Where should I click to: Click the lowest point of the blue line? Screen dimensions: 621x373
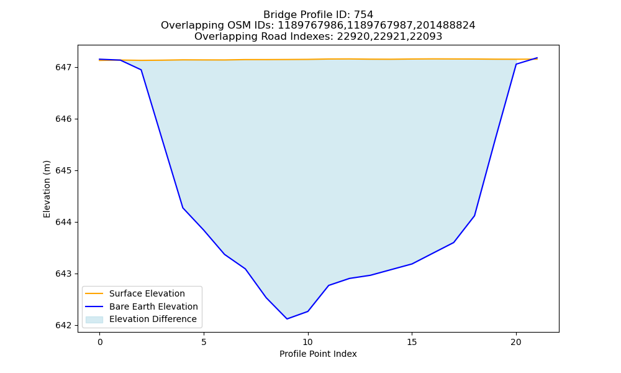[x=287, y=319]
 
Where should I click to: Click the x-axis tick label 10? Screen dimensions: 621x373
[x=308, y=342]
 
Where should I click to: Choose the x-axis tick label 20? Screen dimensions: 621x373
[x=516, y=342]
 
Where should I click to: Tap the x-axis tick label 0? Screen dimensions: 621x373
[x=100, y=342]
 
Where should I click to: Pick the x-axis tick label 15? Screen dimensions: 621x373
[x=412, y=342]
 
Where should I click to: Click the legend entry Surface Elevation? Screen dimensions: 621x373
[x=147, y=293]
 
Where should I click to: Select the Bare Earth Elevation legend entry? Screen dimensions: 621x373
[x=153, y=306]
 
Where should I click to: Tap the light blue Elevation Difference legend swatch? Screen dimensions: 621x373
[x=94, y=320]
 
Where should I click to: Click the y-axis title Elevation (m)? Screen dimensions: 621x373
[x=47, y=189]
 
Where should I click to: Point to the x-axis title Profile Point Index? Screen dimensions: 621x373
[x=318, y=354]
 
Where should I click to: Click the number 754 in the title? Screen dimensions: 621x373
[x=363, y=15]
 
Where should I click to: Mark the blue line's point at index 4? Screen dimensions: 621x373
[x=183, y=208]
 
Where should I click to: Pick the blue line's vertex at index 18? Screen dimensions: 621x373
[x=474, y=216]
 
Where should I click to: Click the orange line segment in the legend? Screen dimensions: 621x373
[x=94, y=293]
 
